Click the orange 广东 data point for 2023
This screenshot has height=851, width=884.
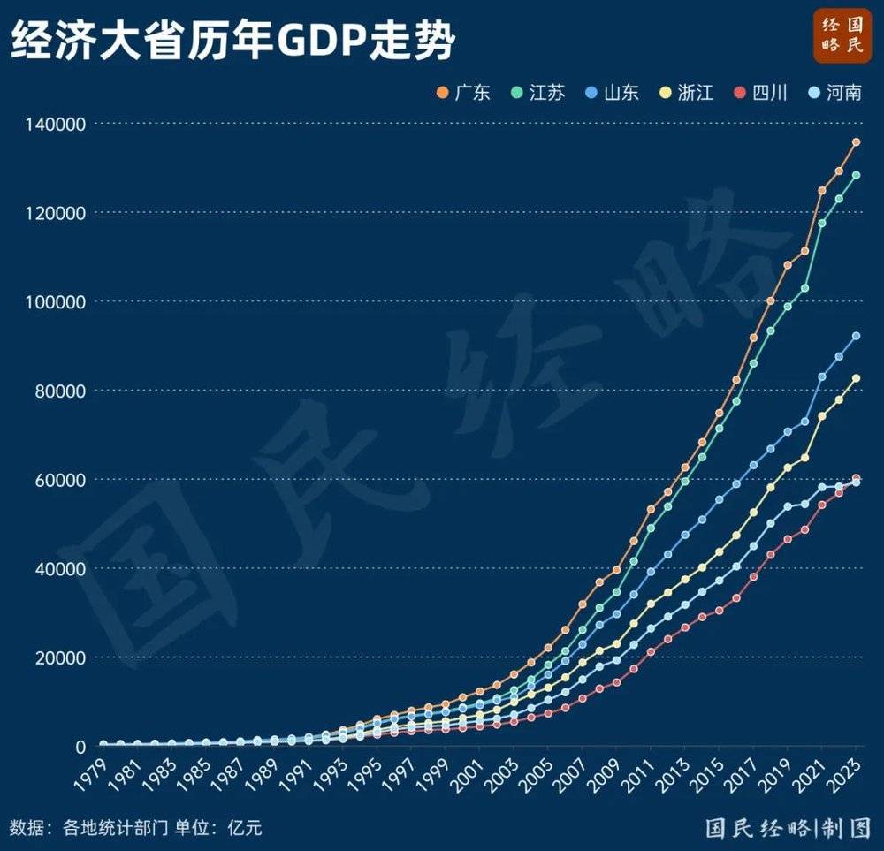pos(856,142)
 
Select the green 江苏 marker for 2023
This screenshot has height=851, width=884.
pos(856,175)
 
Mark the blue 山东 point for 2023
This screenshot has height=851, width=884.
pos(856,336)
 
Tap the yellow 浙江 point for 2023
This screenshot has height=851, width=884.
pos(856,378)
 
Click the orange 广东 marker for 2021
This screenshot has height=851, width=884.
pos(822,190)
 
